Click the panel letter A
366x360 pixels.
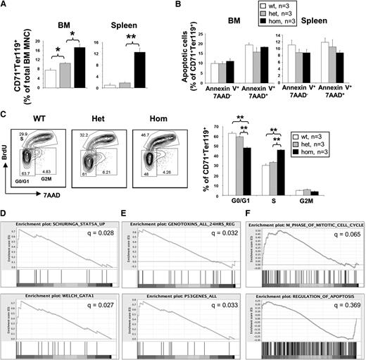click(5, 5)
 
